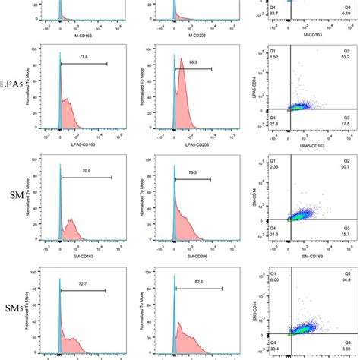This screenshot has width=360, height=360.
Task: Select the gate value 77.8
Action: (x=83, y=56)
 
